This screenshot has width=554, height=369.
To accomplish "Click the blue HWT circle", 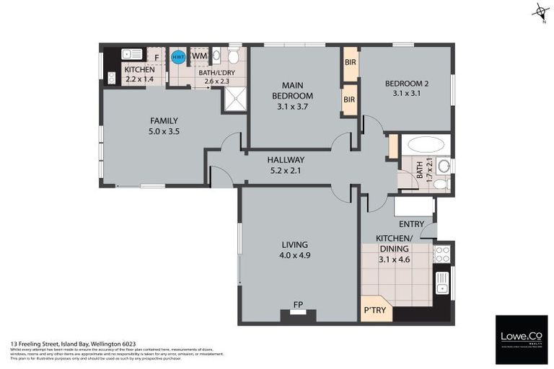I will point(177,56).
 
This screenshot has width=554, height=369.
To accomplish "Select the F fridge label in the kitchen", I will point(157,56).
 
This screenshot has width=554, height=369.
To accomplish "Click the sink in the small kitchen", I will point(132,53).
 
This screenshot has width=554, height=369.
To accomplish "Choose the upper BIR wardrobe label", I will point(350,63).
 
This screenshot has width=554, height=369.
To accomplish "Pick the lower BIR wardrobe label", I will point(350,99).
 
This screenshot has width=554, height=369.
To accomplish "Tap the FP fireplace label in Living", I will point(297,305).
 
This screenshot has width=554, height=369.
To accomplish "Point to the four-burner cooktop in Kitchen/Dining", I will point(442,254).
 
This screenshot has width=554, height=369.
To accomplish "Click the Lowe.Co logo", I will point(521,338).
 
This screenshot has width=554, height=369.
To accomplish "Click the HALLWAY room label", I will point(286,160).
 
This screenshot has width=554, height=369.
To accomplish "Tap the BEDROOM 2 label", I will point(407,84).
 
